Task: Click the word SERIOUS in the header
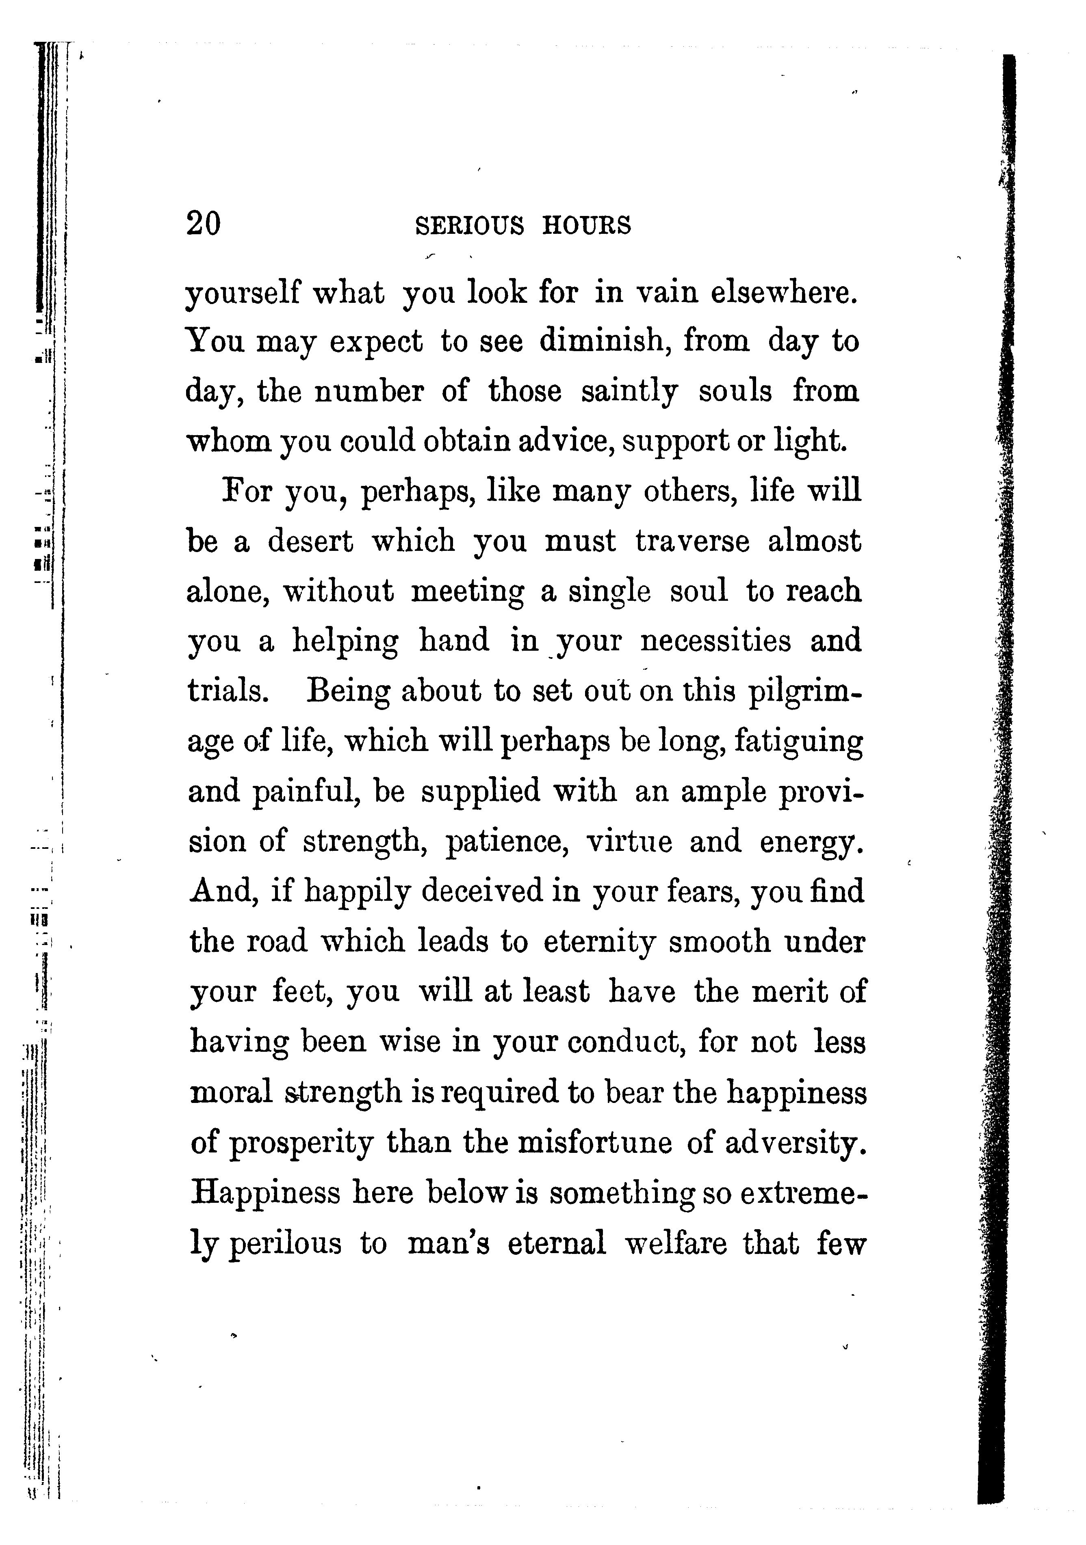pos(469,225)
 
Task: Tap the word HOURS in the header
pos(587,225)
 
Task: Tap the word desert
pos(310,542)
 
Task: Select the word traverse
pos(692,542)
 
